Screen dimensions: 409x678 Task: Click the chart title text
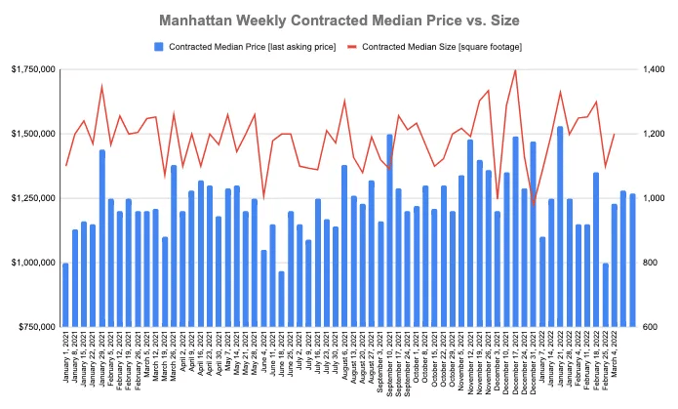tap(339, 20)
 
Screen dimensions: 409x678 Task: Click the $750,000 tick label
tap(32, 327)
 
